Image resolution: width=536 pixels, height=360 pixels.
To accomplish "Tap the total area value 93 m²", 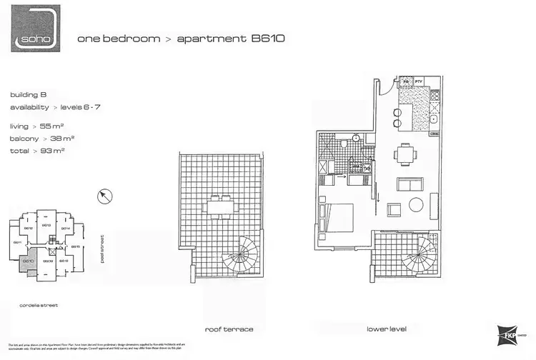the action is (x=51, y=151).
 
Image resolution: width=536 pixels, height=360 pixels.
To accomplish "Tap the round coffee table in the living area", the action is (x=417, y=205).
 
